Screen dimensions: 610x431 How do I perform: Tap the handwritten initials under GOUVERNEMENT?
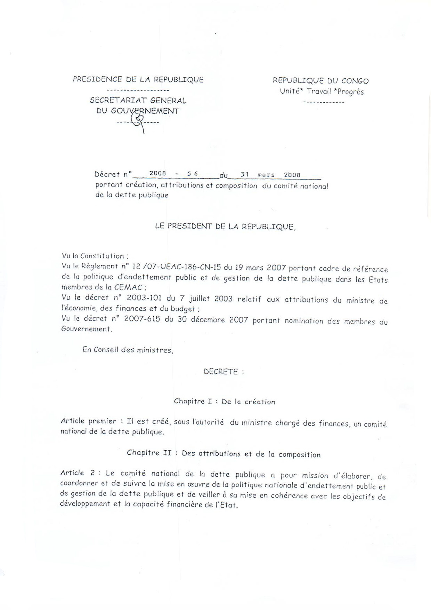[138, 122]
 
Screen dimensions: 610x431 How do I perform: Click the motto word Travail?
[319, 92]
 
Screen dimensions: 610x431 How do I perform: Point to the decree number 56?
[192, 173]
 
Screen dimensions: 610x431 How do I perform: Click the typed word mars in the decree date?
[266, 175]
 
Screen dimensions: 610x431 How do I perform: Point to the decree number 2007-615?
[143, 319]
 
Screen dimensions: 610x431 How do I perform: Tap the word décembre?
[206, 319]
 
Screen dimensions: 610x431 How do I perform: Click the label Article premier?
[88, 421]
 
